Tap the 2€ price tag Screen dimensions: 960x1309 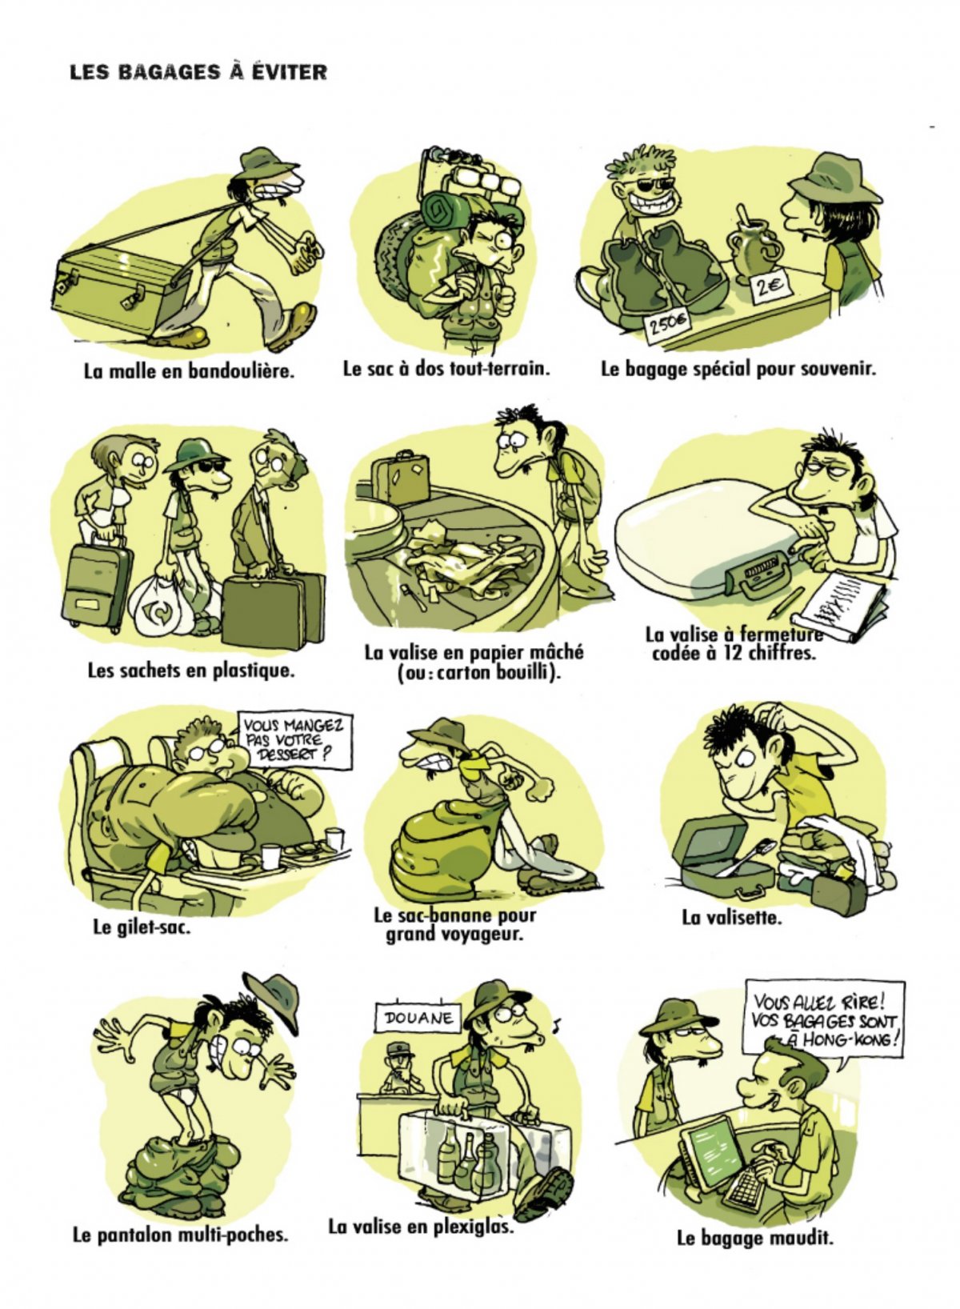769,287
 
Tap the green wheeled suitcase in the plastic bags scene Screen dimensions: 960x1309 97,584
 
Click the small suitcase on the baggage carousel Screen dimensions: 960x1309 399,477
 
